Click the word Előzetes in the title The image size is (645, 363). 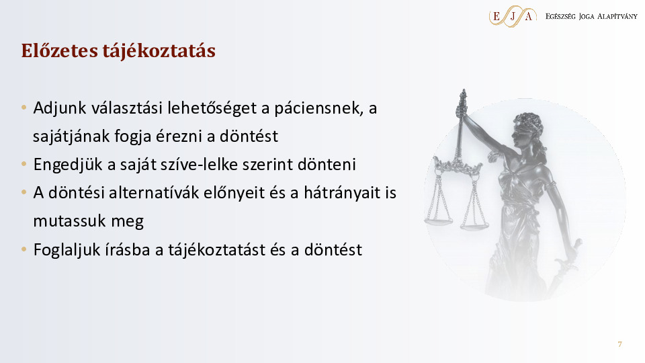pos(60,50)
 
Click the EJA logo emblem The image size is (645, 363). pos(513,16)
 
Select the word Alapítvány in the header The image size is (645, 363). pos(617,16)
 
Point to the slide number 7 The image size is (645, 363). pos(620,344)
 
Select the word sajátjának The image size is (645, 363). pos(71,136)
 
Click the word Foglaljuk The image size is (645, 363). pos(67,250)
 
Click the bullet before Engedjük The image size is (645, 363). pos(24,165)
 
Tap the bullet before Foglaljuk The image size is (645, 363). pos(24,249)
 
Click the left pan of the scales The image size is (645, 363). pos(438,221)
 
